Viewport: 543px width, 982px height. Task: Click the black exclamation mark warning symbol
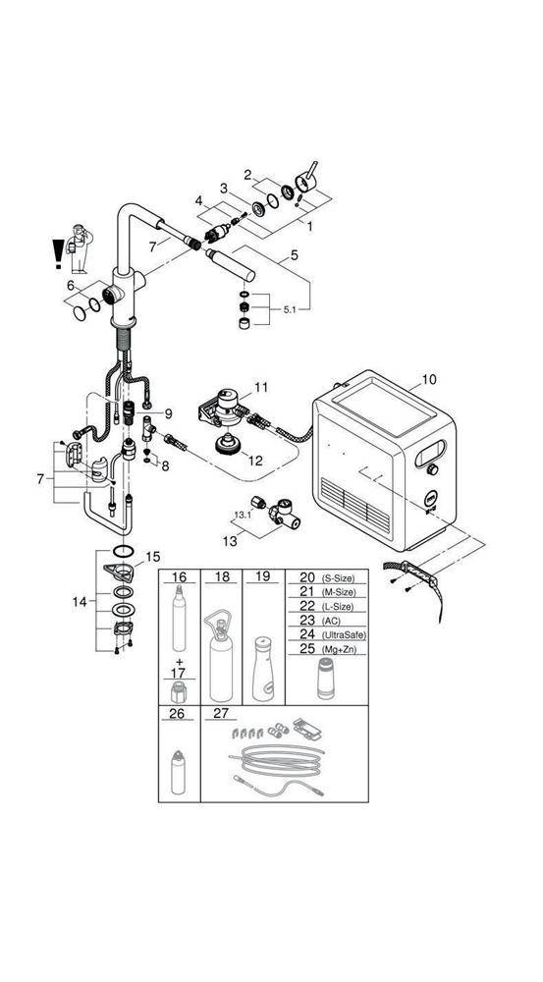coord(58,252)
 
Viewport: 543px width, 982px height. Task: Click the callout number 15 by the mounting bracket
coord(152,557)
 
